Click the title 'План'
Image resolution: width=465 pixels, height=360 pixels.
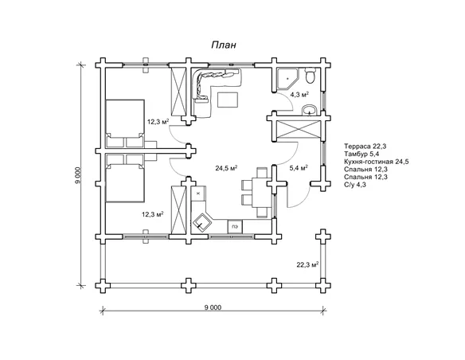point(224,45)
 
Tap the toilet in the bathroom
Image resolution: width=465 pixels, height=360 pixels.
point(311,76)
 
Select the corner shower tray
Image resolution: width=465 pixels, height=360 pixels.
point(287,79)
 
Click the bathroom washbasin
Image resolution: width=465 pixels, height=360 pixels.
point(310,111)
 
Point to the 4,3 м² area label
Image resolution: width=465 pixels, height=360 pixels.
point(299,95)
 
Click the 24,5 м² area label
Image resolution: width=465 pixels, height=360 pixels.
point(226,168)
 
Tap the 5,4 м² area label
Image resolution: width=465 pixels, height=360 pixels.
point(299,168)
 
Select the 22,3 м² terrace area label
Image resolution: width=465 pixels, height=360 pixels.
point(307,264)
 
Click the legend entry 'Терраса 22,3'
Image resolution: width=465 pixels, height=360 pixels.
point(365,147)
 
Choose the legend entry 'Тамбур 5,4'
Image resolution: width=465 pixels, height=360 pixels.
point(361,154)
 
